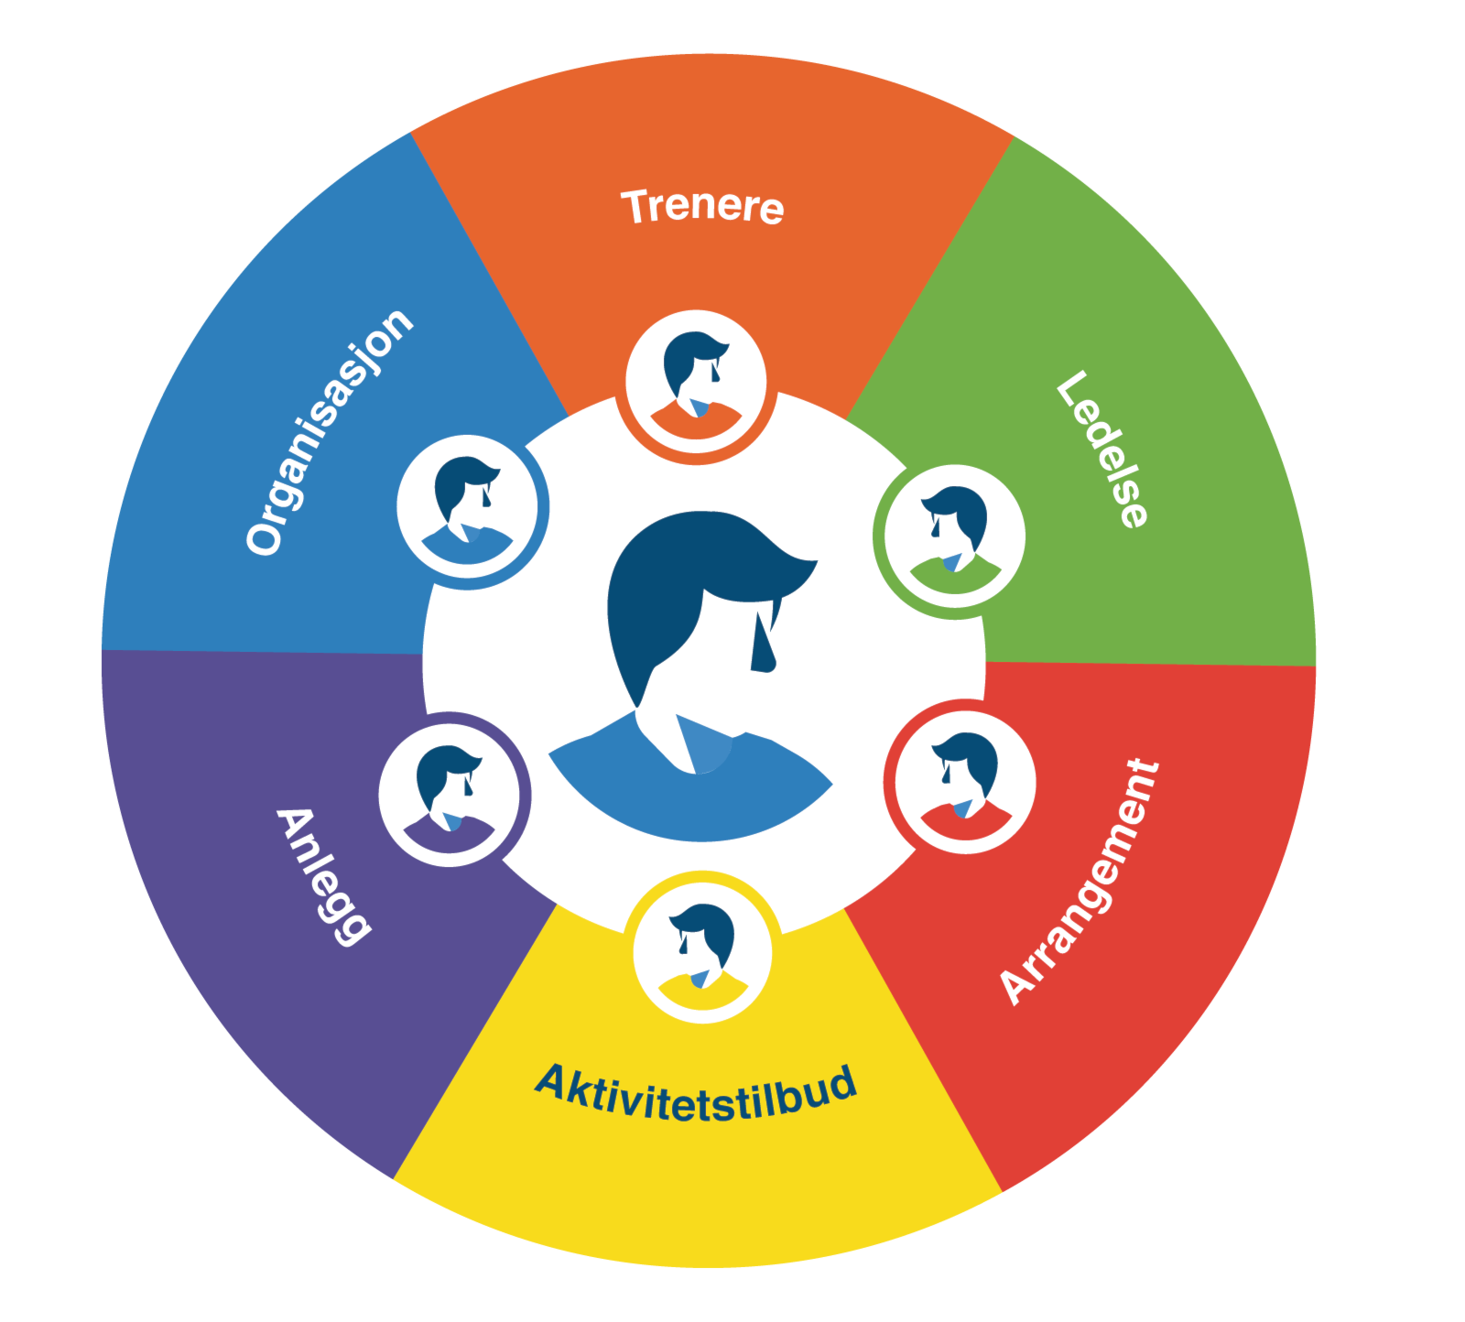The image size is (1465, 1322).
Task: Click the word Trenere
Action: (702, 206)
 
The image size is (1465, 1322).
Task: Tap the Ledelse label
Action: (1101, 449)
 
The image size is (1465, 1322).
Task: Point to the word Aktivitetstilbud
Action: (697, 1094)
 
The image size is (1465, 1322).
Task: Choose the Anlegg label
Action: (323, 876)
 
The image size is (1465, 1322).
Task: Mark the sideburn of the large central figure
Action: (762, 641)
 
